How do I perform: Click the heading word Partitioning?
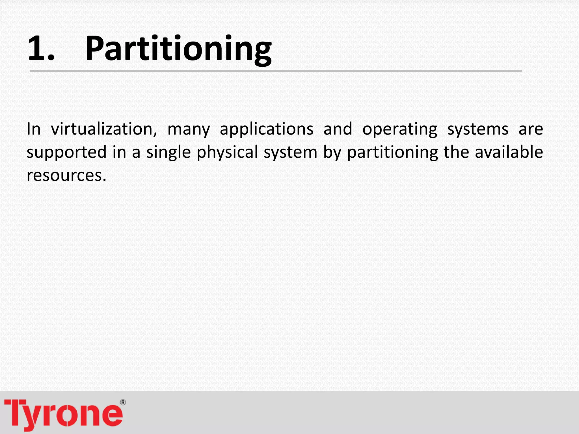coord(178,49)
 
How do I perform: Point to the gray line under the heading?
coord(276,71)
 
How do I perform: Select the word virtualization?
coord(104,129)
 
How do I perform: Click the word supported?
coord(66,153)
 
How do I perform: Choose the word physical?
coord(227,153)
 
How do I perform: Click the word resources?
coord(66,175)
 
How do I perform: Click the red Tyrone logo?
coord(64,414)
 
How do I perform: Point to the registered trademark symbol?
coord(123,402)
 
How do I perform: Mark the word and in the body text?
coord(338,129)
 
